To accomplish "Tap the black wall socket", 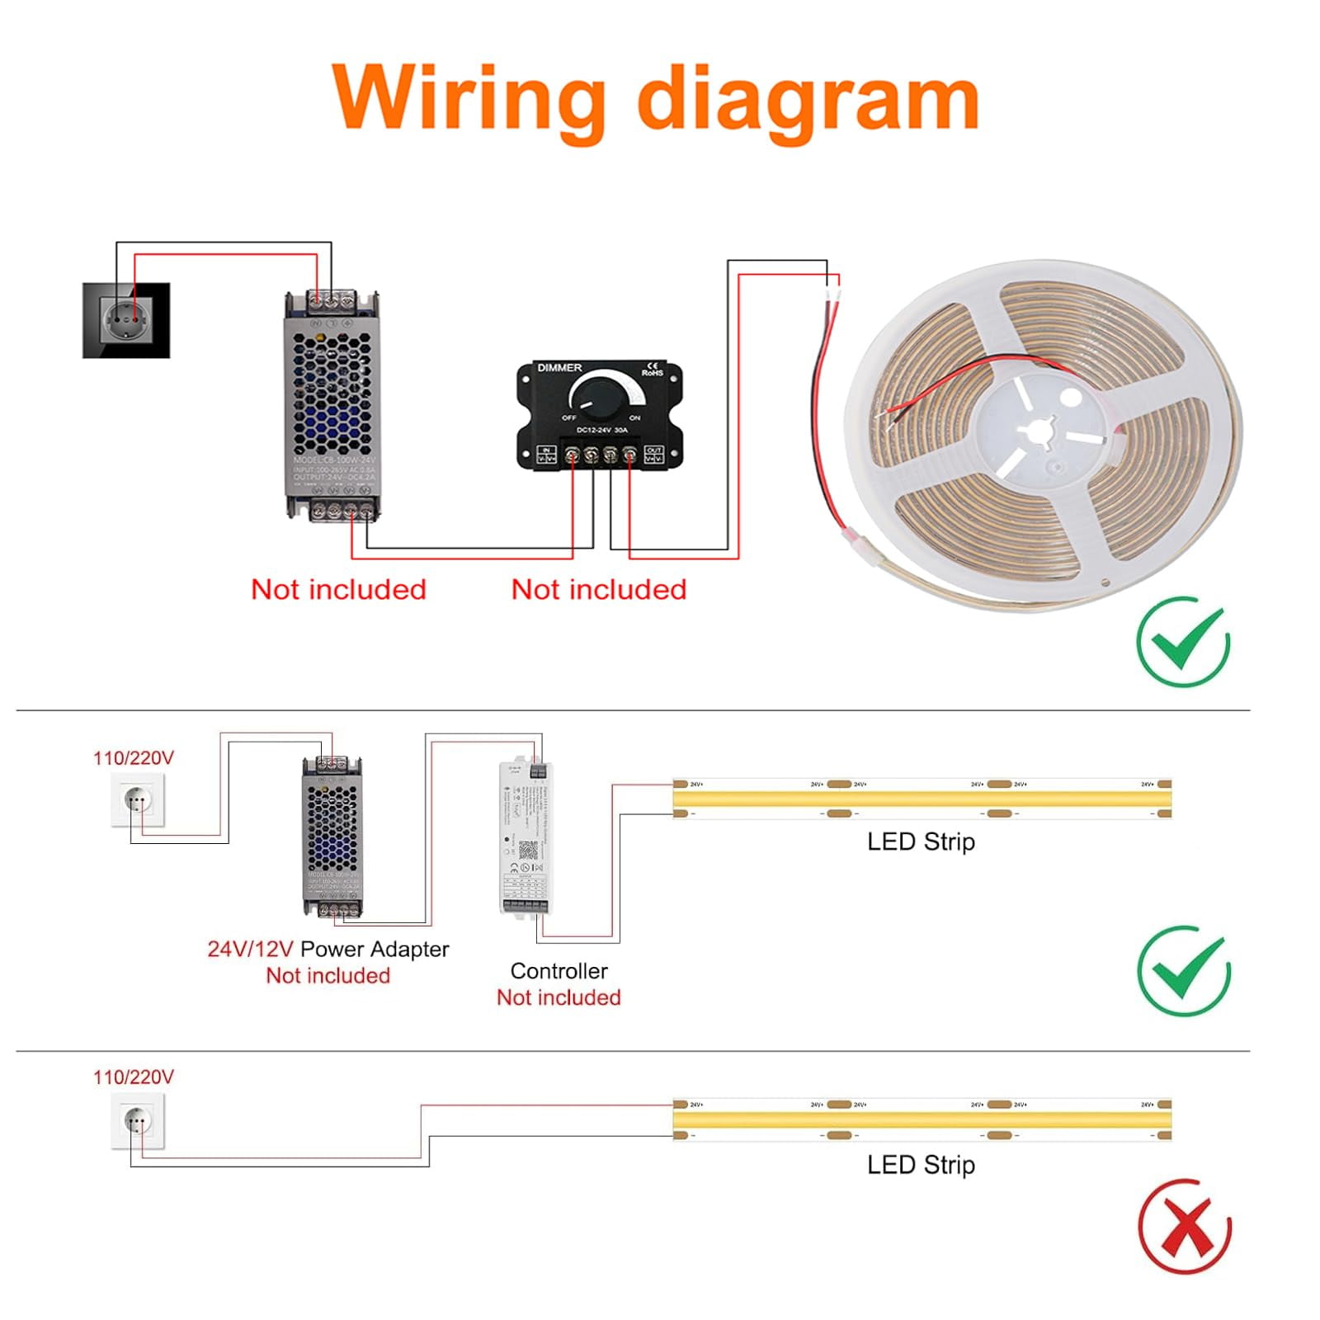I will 126,320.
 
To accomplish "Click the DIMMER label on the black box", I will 559,367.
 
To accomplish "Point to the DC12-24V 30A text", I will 601,430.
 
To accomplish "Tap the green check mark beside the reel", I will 1184,642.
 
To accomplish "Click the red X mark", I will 1185,1226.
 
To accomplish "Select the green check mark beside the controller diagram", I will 1184,972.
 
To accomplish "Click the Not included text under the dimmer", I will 599,589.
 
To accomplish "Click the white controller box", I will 524,837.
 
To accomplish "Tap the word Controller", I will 559,971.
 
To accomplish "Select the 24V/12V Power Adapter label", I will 328,949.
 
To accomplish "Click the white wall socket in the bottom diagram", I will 138,1120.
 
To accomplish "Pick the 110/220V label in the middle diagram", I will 134,757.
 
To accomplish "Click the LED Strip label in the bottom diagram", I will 921,1165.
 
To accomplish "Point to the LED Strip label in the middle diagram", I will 921,841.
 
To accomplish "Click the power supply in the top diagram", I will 332,406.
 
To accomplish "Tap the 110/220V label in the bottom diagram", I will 134,1077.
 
